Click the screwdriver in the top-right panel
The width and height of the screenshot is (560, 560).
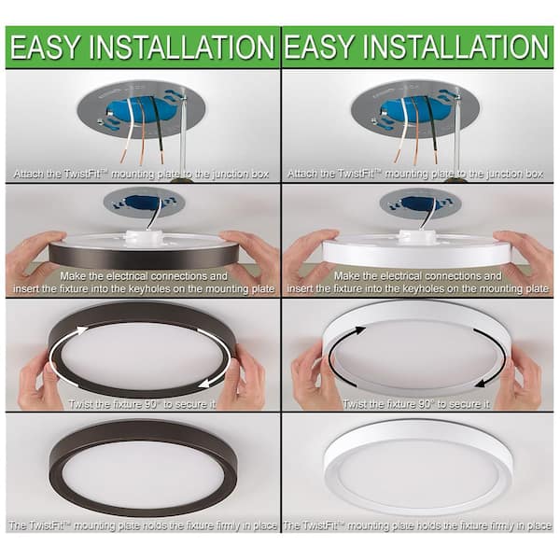click(458, 131)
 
